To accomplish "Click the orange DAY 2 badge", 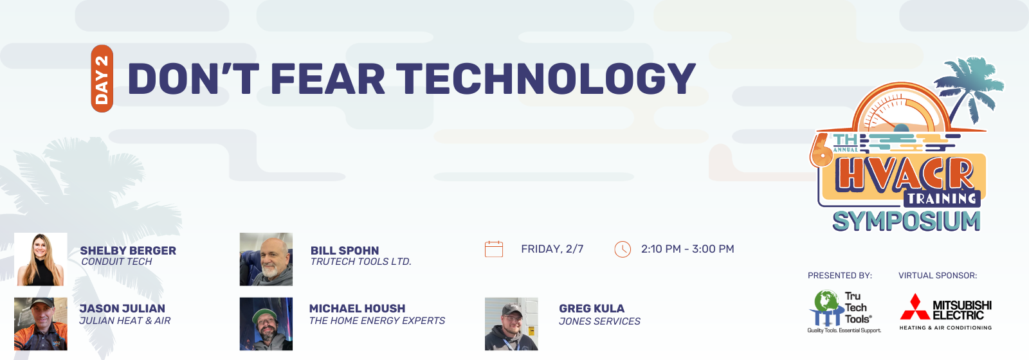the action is coord(102,78).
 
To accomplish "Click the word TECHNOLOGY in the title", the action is coord(546,78).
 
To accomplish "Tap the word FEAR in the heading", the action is coord(327,78).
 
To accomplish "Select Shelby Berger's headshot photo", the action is coord(41,260).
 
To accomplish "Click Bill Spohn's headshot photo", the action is coord(266,260).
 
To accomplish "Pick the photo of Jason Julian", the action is coord(41,324).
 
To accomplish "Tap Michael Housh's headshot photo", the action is coord(266,324).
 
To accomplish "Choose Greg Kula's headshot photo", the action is coord(511,324).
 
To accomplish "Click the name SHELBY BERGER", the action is coord(128,251).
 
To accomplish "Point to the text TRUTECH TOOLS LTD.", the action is coord(361,262).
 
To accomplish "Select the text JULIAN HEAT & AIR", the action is coord(125,321).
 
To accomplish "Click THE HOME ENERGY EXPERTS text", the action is coord(377,321).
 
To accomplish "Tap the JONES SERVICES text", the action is coord(599,321).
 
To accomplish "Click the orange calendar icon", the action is coord(494,249).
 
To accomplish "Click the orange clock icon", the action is coord(623,249).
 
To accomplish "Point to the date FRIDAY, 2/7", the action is coord(552,249).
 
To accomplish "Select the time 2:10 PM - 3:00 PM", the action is coord(688,249).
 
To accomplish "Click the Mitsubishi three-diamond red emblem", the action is coord(915,307).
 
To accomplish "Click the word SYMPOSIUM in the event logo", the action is coord(907,222).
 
